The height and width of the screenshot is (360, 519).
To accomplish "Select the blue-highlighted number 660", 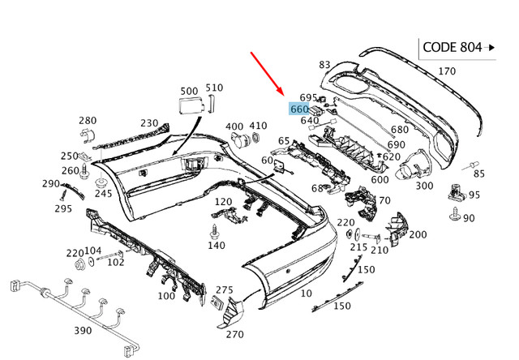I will coord(298,109).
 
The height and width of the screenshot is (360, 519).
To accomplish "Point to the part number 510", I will coord(214,87).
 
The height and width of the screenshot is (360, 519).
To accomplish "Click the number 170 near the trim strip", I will coord(447,71).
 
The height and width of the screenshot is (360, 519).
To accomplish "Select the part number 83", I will coord(324,64).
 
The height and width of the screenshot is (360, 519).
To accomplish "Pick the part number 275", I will coord(225,289).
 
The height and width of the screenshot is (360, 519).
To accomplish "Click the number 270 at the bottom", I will coord(234,333).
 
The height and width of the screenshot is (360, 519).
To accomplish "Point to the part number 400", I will coord(234,126).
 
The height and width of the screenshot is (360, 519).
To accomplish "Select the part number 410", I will coord(258,126).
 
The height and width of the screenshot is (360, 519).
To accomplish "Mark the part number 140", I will coord(216,245).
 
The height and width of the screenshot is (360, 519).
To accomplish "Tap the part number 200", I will coord(417,234).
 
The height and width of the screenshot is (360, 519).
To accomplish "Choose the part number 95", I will coord(474,195).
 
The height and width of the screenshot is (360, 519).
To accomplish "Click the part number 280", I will coord(88,120).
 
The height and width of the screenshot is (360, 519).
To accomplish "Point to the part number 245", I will coord(103,193).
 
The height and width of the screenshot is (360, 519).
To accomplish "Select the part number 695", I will coord(308,97).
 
